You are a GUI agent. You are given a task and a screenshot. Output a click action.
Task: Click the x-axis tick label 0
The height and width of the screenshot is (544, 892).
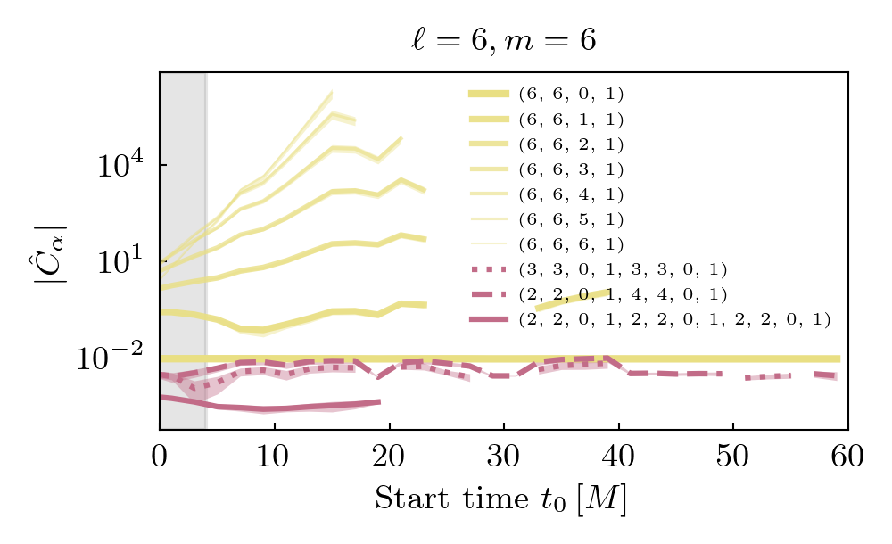pyautogui.click(x=160, y=457)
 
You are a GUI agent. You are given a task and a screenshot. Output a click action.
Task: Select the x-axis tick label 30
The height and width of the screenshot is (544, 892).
pyautogui.click(x=503, y=457)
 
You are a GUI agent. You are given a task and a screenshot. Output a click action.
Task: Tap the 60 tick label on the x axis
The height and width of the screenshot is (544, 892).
pyautogui.click(x=847, y=457)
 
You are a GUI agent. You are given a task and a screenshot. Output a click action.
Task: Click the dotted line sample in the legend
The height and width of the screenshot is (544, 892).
pyautogui.click(x=488, y=268)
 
